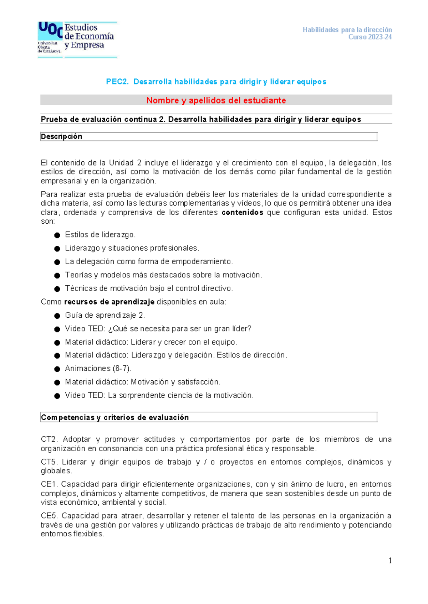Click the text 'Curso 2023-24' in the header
click(x=370, y=37)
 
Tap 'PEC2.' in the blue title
click(x=117, y=82)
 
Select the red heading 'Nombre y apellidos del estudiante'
click(x=216, y=100)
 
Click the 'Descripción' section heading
click(x=61, y=136)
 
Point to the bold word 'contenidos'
click(x=242, y=213)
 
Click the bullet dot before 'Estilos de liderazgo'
click(x=57, y=235)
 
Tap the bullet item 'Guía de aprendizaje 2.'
click(x=105, y=315)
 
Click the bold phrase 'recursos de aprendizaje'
click(x=109, y=302)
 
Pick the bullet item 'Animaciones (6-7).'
click(x=98, y=369)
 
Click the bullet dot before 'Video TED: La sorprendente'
click(x=57, y=396)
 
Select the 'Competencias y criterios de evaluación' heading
click(x=115, y=417)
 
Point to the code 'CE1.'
click(x=50, y=484)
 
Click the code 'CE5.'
click(x=50, y=516)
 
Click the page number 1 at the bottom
click(x=390, y=561)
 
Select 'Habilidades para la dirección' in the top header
click(x=347, y=30)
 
